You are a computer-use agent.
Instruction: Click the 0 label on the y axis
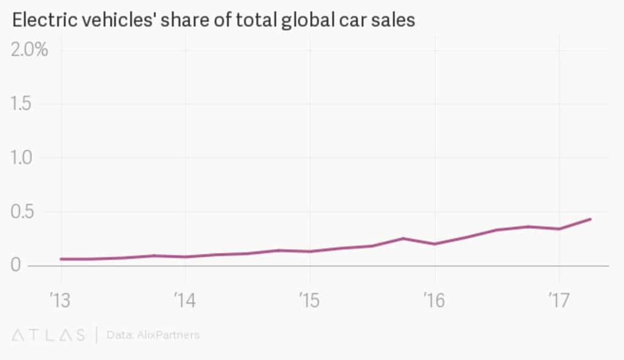[16, 266]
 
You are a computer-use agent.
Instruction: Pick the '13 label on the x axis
[60, 299]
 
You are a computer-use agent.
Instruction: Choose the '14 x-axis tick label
[185, 299]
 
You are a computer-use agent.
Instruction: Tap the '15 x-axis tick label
[309, 299]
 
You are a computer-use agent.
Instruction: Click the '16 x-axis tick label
[434, 299]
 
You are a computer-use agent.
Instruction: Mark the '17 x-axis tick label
[558, 299]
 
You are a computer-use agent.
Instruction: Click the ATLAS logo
[49, 335]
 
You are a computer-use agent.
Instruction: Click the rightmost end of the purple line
[590, 219]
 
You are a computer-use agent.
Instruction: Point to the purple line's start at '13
[61, 259]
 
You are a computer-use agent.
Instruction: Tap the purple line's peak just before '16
[403, 238]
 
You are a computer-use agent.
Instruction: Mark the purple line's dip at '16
[434, 244]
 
